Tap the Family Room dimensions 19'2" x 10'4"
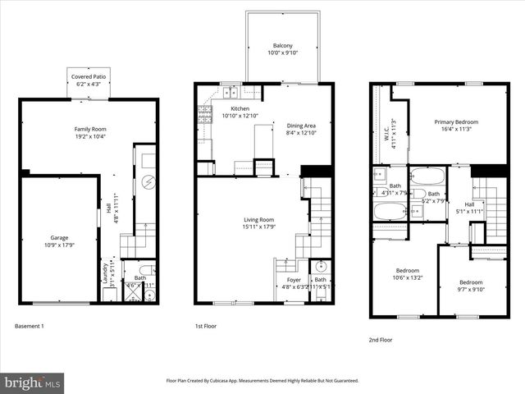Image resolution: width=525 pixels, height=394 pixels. tap(90, 136)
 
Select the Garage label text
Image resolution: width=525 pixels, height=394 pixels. tap(59, 237)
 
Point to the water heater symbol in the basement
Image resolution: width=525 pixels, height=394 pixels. tap(148, 182)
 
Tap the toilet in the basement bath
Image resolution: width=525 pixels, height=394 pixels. tap(144, 269)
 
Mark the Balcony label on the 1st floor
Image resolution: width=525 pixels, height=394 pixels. tap(285, 45)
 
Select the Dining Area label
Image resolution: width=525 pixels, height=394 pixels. tap(300, 126)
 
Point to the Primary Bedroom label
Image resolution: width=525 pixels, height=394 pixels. tap(456, 121)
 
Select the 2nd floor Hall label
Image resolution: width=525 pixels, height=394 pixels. tap(468, 204)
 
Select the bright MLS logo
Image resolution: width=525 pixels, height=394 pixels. tap(33, 383)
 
